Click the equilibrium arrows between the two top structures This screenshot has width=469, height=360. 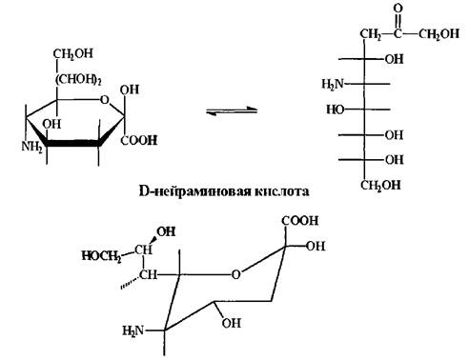coord(232,110)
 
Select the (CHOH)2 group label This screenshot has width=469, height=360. coord(78,80)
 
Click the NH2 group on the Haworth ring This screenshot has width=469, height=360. coord(31,147)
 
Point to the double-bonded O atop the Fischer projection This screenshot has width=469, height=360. coord(398,9)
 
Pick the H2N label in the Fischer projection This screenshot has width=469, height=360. coord(333,84)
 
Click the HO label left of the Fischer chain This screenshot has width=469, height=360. coord(336,110)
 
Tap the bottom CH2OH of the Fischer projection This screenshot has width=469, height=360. coord(380,185)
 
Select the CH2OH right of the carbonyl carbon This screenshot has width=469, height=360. coord(438,33)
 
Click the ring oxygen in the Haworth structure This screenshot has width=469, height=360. coord(105,100)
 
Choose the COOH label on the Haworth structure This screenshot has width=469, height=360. coord(139,140)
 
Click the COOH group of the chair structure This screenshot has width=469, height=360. coord(300,221)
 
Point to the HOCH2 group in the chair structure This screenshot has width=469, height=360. coord(101,255)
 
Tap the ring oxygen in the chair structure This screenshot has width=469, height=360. coord(235,274)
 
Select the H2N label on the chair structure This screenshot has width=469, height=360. coord(133,331)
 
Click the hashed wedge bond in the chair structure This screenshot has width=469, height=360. coord(130,283)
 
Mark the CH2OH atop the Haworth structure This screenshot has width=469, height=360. coord(73,53)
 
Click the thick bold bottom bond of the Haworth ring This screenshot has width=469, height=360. coord(73,143)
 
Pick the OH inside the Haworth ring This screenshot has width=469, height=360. coord(51,124)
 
